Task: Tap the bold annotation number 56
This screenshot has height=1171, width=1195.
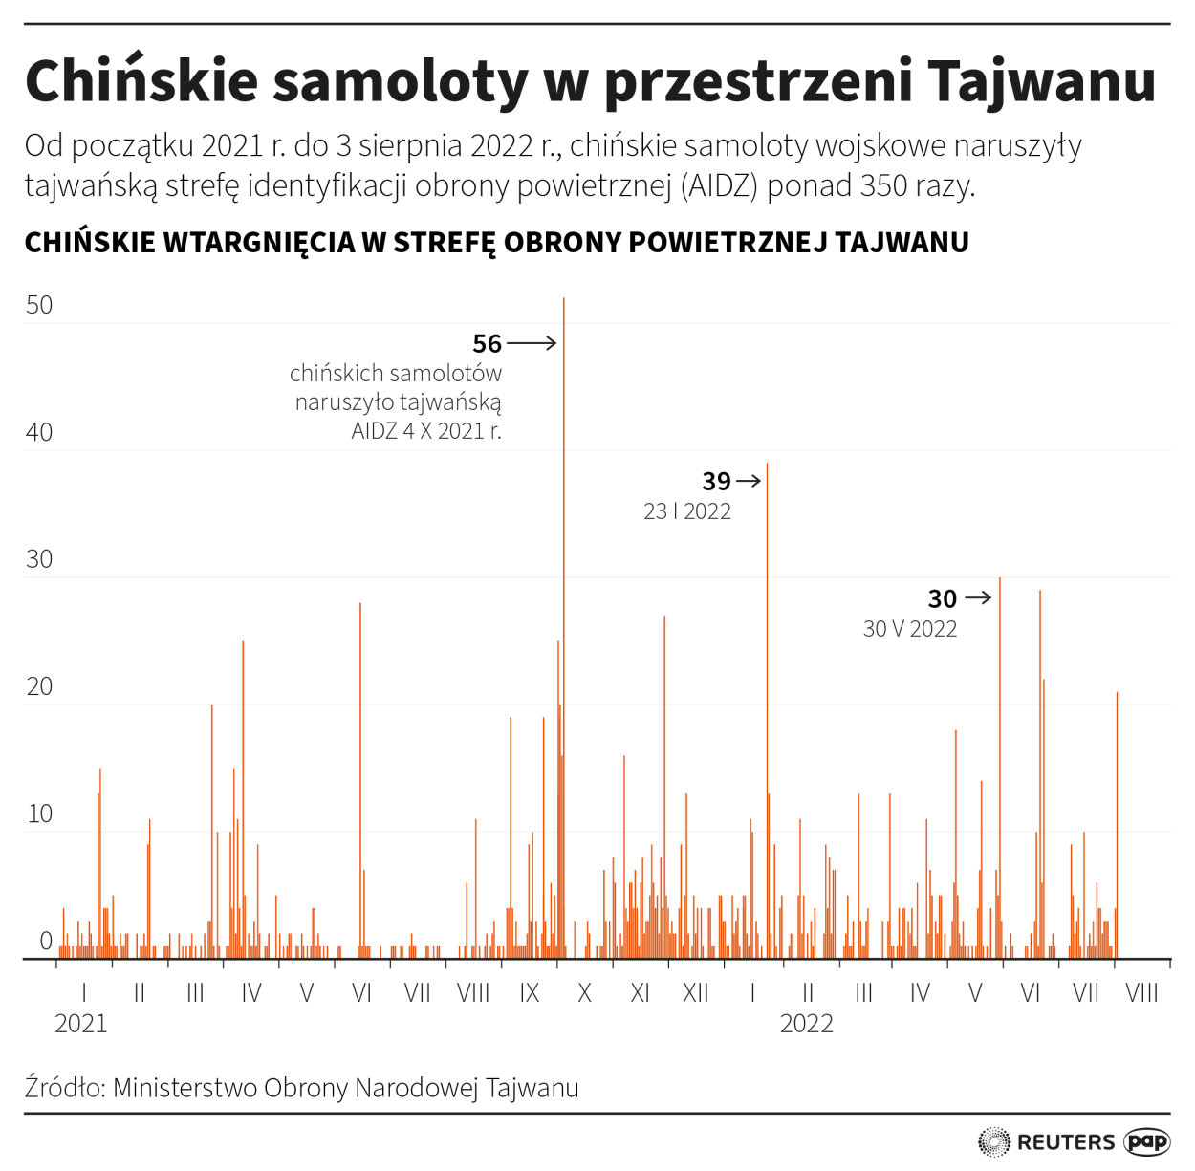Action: click(487, 343)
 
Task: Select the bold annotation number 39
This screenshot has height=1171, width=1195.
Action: click(716, 481)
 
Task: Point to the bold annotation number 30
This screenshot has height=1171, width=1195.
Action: click(942, 598)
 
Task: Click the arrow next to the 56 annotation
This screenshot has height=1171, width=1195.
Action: click(532, 342)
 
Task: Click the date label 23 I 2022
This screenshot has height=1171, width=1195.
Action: click(686, 511)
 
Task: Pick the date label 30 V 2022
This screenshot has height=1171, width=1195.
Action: click(909, 629)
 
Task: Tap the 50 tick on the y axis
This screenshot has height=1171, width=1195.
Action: click(39, 305)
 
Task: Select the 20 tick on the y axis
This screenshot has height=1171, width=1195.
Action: click(39, 686)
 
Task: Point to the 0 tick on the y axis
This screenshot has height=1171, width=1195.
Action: click(45, 941)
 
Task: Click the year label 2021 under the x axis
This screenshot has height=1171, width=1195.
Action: click(81, 1024)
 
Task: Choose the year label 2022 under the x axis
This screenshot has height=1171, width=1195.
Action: click(806, 1024)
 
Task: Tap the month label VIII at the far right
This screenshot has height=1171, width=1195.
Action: click(1141, 993)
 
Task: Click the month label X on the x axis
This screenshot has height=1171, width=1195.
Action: click(584, 993)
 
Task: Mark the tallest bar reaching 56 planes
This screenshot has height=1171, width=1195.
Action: click(564, 621)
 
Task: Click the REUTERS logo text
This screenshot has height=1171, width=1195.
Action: click(1065, 1142)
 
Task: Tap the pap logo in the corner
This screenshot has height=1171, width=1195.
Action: click(1147, 1141)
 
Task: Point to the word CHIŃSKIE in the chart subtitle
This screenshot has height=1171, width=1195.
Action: click(90, 243)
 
